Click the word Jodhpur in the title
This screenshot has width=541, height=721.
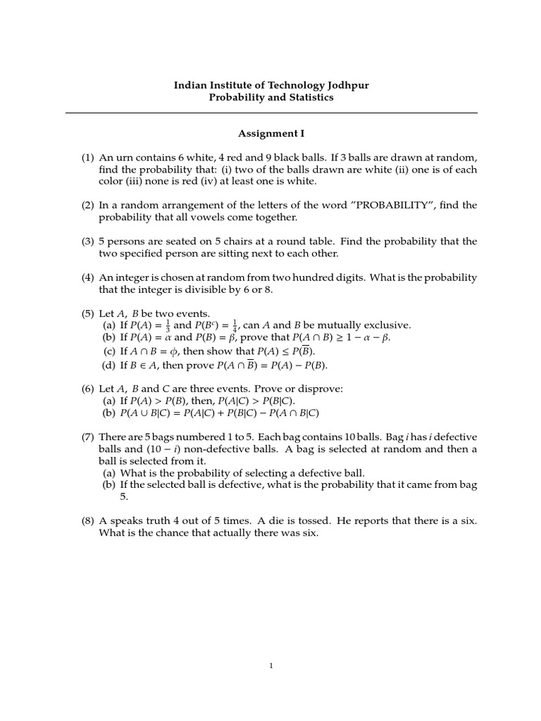tap(346, 85)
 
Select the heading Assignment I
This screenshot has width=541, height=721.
tap(271, 132)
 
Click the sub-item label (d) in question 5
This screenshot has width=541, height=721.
tap(109, 365)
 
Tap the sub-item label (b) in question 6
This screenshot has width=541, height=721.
tap(109, 413)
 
